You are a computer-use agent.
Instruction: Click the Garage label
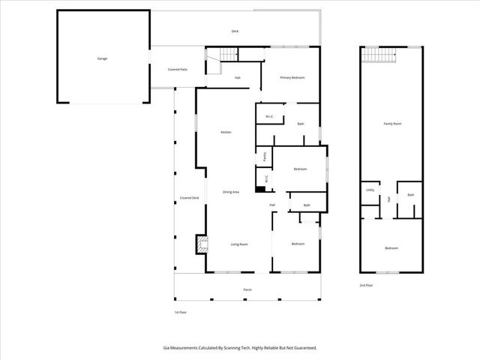pyautogui.click(x=101, y=58)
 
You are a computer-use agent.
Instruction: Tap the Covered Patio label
pyautogui.click(x=177, y=69)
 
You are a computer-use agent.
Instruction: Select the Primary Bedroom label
pyautogui.click(x=292, y=77)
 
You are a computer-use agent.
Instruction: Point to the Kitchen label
pyautogui.click(x=225, y=133)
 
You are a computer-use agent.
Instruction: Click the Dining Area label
pyautogui.click(x=231, y=193)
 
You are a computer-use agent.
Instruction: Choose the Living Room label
pyautogui.click(x=238, y=244)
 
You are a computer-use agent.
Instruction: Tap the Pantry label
pyautogui.click(x=265, y=157)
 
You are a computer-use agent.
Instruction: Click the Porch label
pyautogui.click(x=247, y=289)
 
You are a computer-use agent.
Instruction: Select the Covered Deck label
pyautogui.click(x=189, y=198)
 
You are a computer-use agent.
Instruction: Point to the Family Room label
pyautogui.click(x=392, y=123)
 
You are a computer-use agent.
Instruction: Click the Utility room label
pyautogui.click(x=370, y=190)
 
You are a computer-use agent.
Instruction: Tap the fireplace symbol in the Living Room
pyautogui.click(x=200, y=244)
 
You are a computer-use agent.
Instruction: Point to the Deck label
pyautogui.click(x=235, y=31)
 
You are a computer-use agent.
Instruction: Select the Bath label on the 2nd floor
pyautogui.click(x=410, y=195)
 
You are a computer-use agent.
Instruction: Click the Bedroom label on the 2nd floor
pyautogui.click(x=391, y=248)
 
